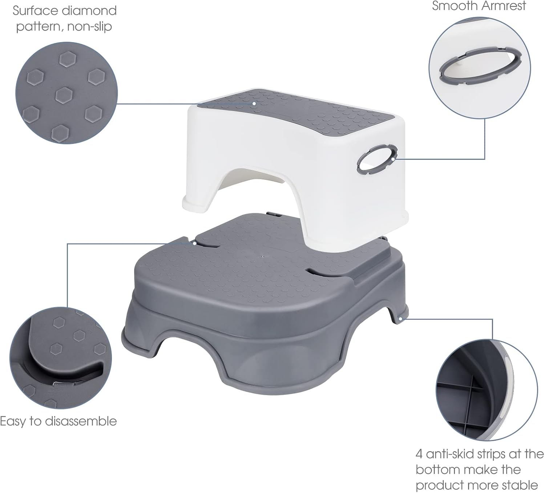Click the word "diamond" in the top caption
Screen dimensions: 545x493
pyautogui.click(x=89, y=11)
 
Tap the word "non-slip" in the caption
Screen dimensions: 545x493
pyautogui.click(x=89, y=27)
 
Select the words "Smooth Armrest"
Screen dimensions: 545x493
pyautogui.click(x=479, y=6)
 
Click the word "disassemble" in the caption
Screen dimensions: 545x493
pyautogui.click(x=81, y=421)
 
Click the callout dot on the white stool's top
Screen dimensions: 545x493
pyautogui.click(x=254, y=104)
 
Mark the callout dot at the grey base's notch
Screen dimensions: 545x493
pyautogui.click(x=194, y=243)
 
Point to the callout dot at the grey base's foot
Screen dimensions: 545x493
pyautogui.click(x=401, y=319)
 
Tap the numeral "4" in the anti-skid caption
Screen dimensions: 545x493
pyautogui.click(x=420, y=454)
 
